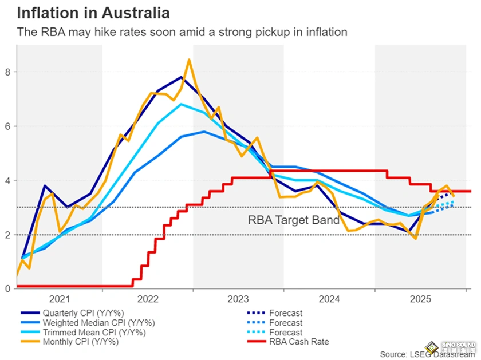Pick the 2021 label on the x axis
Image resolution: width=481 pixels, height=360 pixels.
pyautogui.click(x=60, y=299)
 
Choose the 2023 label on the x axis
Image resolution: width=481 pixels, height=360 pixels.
pyautogui.click(x=238, y=299)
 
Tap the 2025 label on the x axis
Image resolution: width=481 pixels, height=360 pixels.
pyautogui.click(x=420, y=299)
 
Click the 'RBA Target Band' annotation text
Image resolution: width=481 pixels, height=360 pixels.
pyautogui.click(x=293, y=219)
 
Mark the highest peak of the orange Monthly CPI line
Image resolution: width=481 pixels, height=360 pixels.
pyautogui.click(x=190, y=60)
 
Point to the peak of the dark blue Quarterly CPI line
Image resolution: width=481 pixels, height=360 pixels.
pyautogui.click(x=181, y=77)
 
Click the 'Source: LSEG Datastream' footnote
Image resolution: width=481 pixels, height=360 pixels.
pyautogui.click(x=427, y=353)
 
